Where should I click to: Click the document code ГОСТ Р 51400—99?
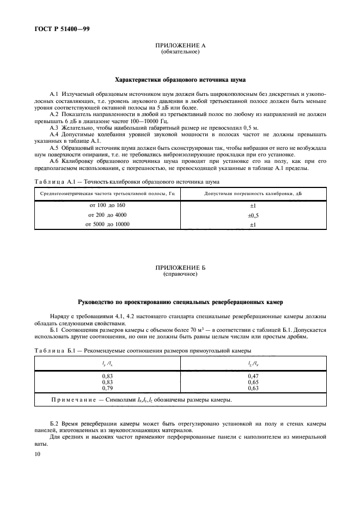(60, 29)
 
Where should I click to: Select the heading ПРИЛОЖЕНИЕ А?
(180, 47)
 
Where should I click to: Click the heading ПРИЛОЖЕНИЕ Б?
(180, 268)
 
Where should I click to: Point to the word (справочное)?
(180, 274)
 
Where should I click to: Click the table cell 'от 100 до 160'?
(107, 205)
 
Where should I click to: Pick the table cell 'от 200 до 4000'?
(107, 215)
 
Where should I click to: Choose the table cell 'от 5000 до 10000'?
(107, 224)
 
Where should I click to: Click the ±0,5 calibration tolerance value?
(253, 215)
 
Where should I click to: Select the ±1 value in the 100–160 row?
(253, 205)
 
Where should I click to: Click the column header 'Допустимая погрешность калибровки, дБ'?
(253, 193)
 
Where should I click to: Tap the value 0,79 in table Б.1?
(107, 388)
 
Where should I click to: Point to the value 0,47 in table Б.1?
(253, 376)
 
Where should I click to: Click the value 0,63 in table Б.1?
(253, 388)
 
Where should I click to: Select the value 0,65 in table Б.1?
(253, 382)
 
